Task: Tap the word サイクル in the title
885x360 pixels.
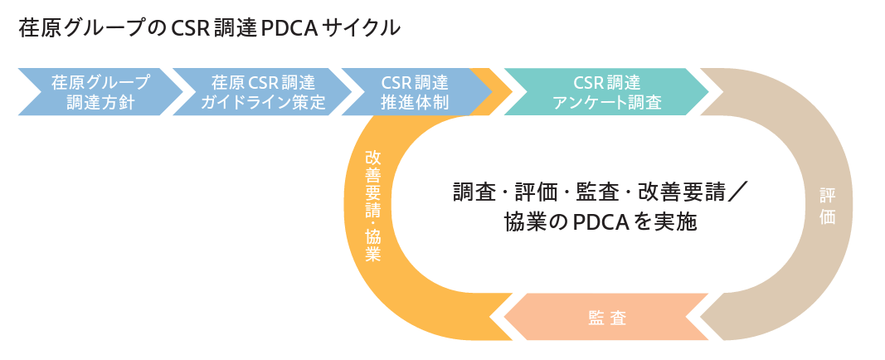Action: click(x=367, y=28)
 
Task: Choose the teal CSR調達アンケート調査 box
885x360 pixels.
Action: click(x=605, y=92)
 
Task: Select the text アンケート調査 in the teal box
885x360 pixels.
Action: click(x=606, y=103)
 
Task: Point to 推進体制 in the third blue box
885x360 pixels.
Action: click(x=415, y=103)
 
